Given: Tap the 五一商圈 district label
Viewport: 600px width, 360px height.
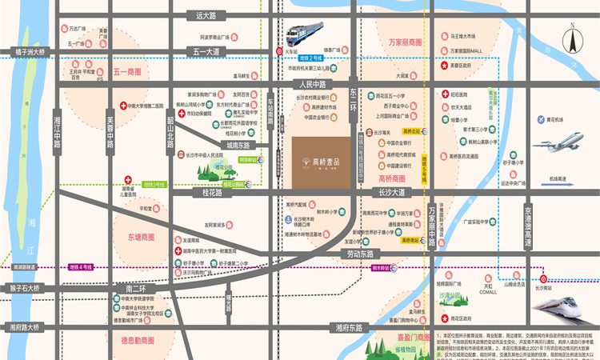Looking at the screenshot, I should click(127, 71).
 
